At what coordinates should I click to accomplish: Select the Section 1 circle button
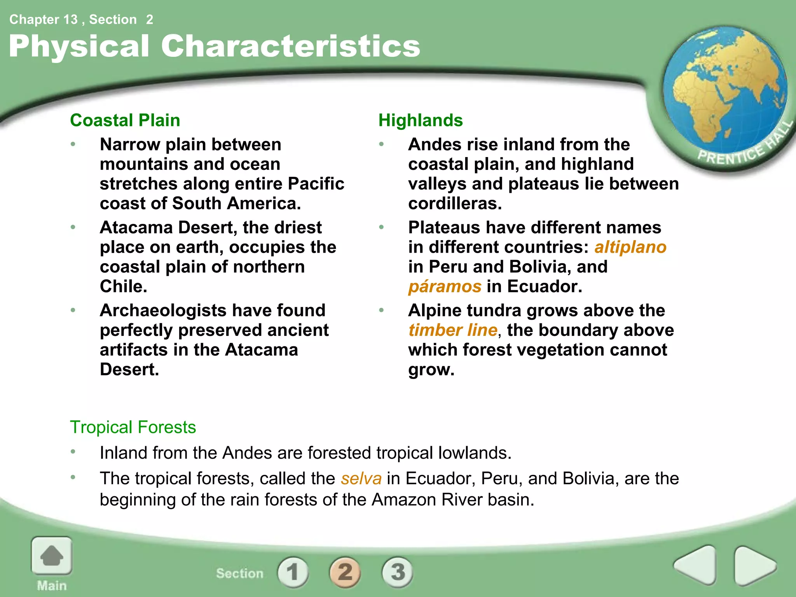293,572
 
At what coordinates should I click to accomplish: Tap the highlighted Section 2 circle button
345,572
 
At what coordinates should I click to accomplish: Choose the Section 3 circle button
397,572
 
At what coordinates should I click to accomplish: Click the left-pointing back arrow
695,565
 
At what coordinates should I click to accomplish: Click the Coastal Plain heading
125,120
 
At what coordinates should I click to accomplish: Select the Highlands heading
421,120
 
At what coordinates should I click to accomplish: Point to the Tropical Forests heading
133,427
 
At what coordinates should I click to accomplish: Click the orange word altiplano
630,247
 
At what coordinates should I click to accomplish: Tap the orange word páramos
445,286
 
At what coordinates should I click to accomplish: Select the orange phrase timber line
453,330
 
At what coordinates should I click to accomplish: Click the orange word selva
361,478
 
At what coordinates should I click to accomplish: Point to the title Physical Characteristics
214,46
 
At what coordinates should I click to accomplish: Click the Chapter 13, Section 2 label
81,19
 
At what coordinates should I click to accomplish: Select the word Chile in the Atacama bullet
123,286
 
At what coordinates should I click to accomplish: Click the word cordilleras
455,204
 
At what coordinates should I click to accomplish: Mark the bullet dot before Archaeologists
73,310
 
